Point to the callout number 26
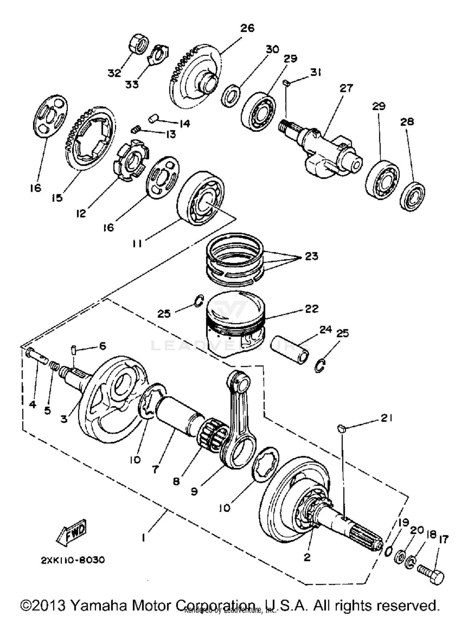point(247,28)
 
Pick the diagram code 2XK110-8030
point(73,560)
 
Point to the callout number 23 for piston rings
point(311,256)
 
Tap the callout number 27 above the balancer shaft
point(346,88)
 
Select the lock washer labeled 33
point(158,54)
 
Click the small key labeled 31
point(286,82)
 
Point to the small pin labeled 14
point(153,118)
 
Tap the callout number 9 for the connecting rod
point(194,491)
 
